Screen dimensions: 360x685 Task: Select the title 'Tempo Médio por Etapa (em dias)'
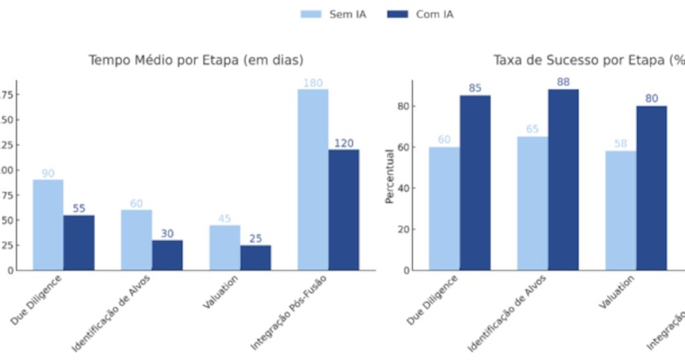pyautogui.click(x=196, y=60)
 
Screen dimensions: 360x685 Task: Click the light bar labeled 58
pyautogui.click(x=621, y=210)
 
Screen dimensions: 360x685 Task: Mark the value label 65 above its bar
pyautogui.click(x=532, y=129)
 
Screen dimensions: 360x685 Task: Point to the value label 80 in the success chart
pyautogui.click(x=652, y=98)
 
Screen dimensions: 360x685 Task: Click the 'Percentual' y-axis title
pyautogui.click(x=389, y=176)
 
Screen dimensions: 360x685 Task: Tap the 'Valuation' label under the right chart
pyautogui.click(x=616, y=293)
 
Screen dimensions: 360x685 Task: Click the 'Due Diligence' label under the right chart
pyautogui.click(x=432, y=300)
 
